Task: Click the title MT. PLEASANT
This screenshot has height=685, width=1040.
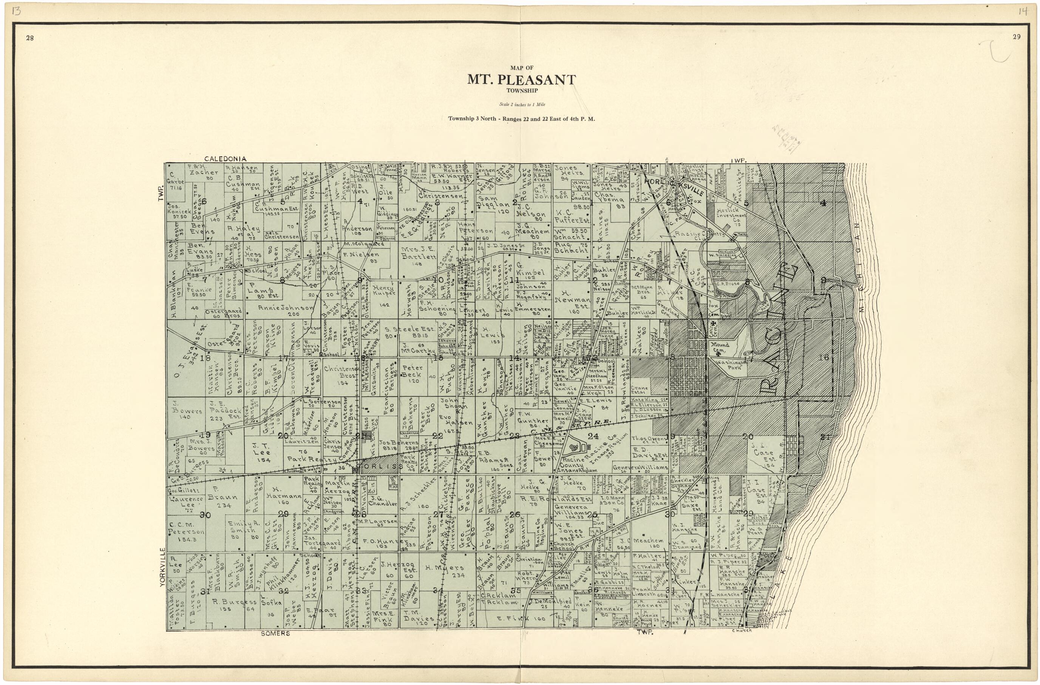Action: [x=522, y=80]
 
